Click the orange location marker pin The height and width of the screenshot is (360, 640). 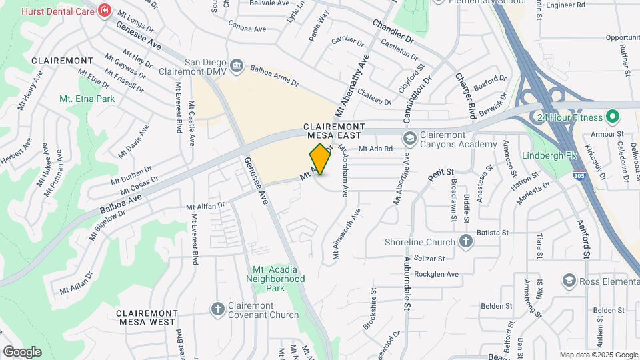click(321, 159)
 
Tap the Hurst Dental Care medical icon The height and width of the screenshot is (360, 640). click(105, 11)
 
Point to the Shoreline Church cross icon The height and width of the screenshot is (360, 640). click(466, 242)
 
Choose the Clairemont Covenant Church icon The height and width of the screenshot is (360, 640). click(217, 309)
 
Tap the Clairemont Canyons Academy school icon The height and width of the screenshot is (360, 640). click(410, 138)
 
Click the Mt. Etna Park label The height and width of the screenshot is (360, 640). click(87, 99)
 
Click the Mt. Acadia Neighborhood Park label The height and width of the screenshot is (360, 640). click(275, 274)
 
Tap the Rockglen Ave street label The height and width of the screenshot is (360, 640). click(437, 274)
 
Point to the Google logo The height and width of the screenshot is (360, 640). click(22, 352)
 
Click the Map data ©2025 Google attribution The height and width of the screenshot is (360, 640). click(598, 355)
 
